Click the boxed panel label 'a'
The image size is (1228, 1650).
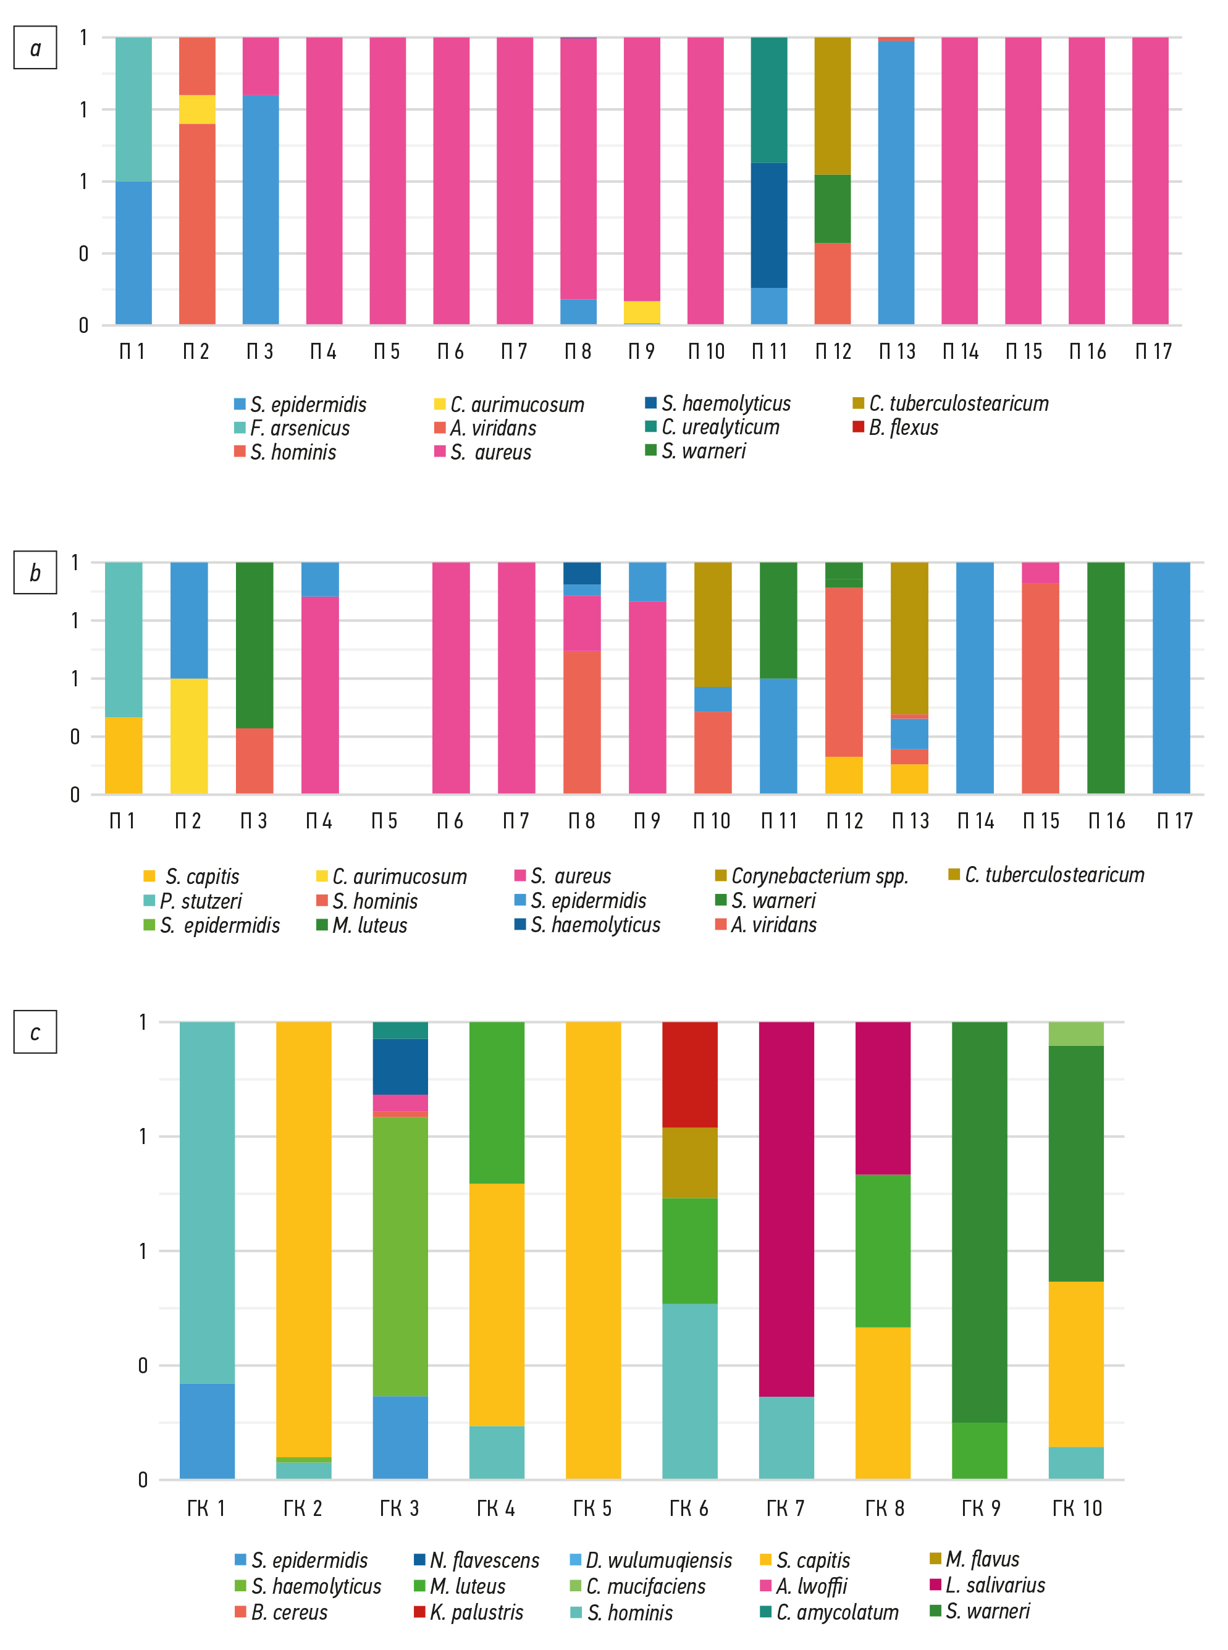click(35, 48)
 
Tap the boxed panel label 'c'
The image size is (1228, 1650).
click(35, 1032)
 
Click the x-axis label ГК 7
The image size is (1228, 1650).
click(786, 1508)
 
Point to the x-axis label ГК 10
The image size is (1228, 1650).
click(1077, 1508)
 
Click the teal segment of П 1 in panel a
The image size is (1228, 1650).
click(134, 109)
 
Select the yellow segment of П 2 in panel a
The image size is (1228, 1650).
click(197, 109)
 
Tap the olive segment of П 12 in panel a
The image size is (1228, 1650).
click(833, 106)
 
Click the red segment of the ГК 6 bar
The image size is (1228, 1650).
click(690, 1075)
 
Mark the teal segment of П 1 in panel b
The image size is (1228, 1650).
click(124, 639)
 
